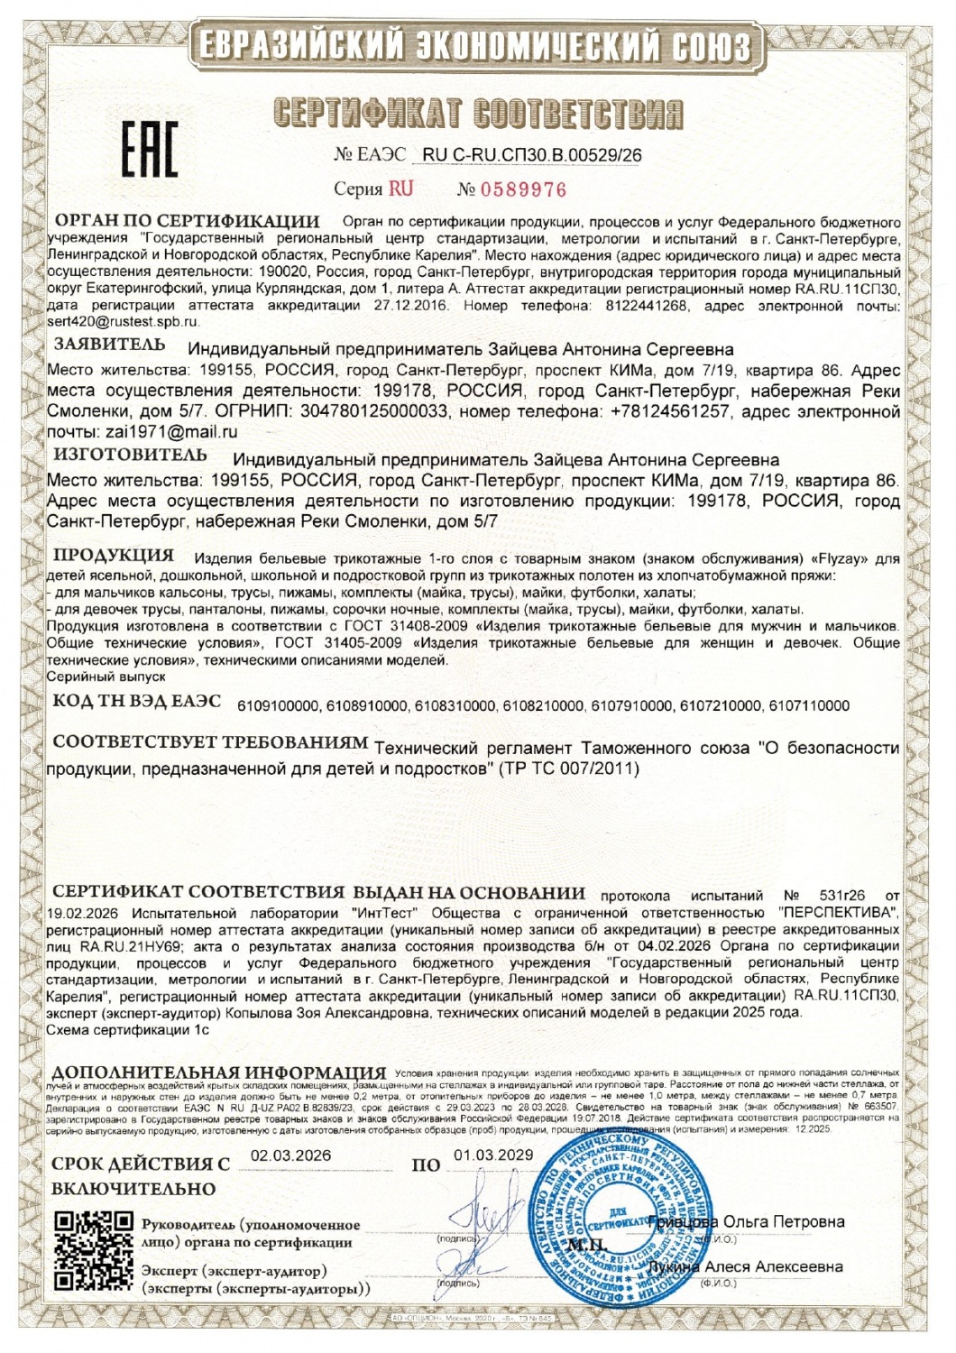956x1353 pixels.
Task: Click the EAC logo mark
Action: coord(150,149)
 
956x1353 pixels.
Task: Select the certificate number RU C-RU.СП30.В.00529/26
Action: coord(532,155)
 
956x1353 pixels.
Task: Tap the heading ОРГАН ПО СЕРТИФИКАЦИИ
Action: coord(188,221)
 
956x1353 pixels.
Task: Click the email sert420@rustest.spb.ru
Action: coord(123,322)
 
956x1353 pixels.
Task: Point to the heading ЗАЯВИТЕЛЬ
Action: coord(109,345)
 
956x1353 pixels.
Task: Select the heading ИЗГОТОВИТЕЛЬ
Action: coord(130,455)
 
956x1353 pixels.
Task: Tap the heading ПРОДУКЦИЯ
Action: coord(113,555)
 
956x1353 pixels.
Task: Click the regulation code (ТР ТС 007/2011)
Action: coord(567,769)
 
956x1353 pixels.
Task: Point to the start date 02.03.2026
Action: coord(290,1155)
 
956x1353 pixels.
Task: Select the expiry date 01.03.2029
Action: coord(493,1155)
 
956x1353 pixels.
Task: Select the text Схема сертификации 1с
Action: coord(127,1029)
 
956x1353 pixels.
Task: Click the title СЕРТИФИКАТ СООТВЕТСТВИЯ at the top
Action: coord(478,113)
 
